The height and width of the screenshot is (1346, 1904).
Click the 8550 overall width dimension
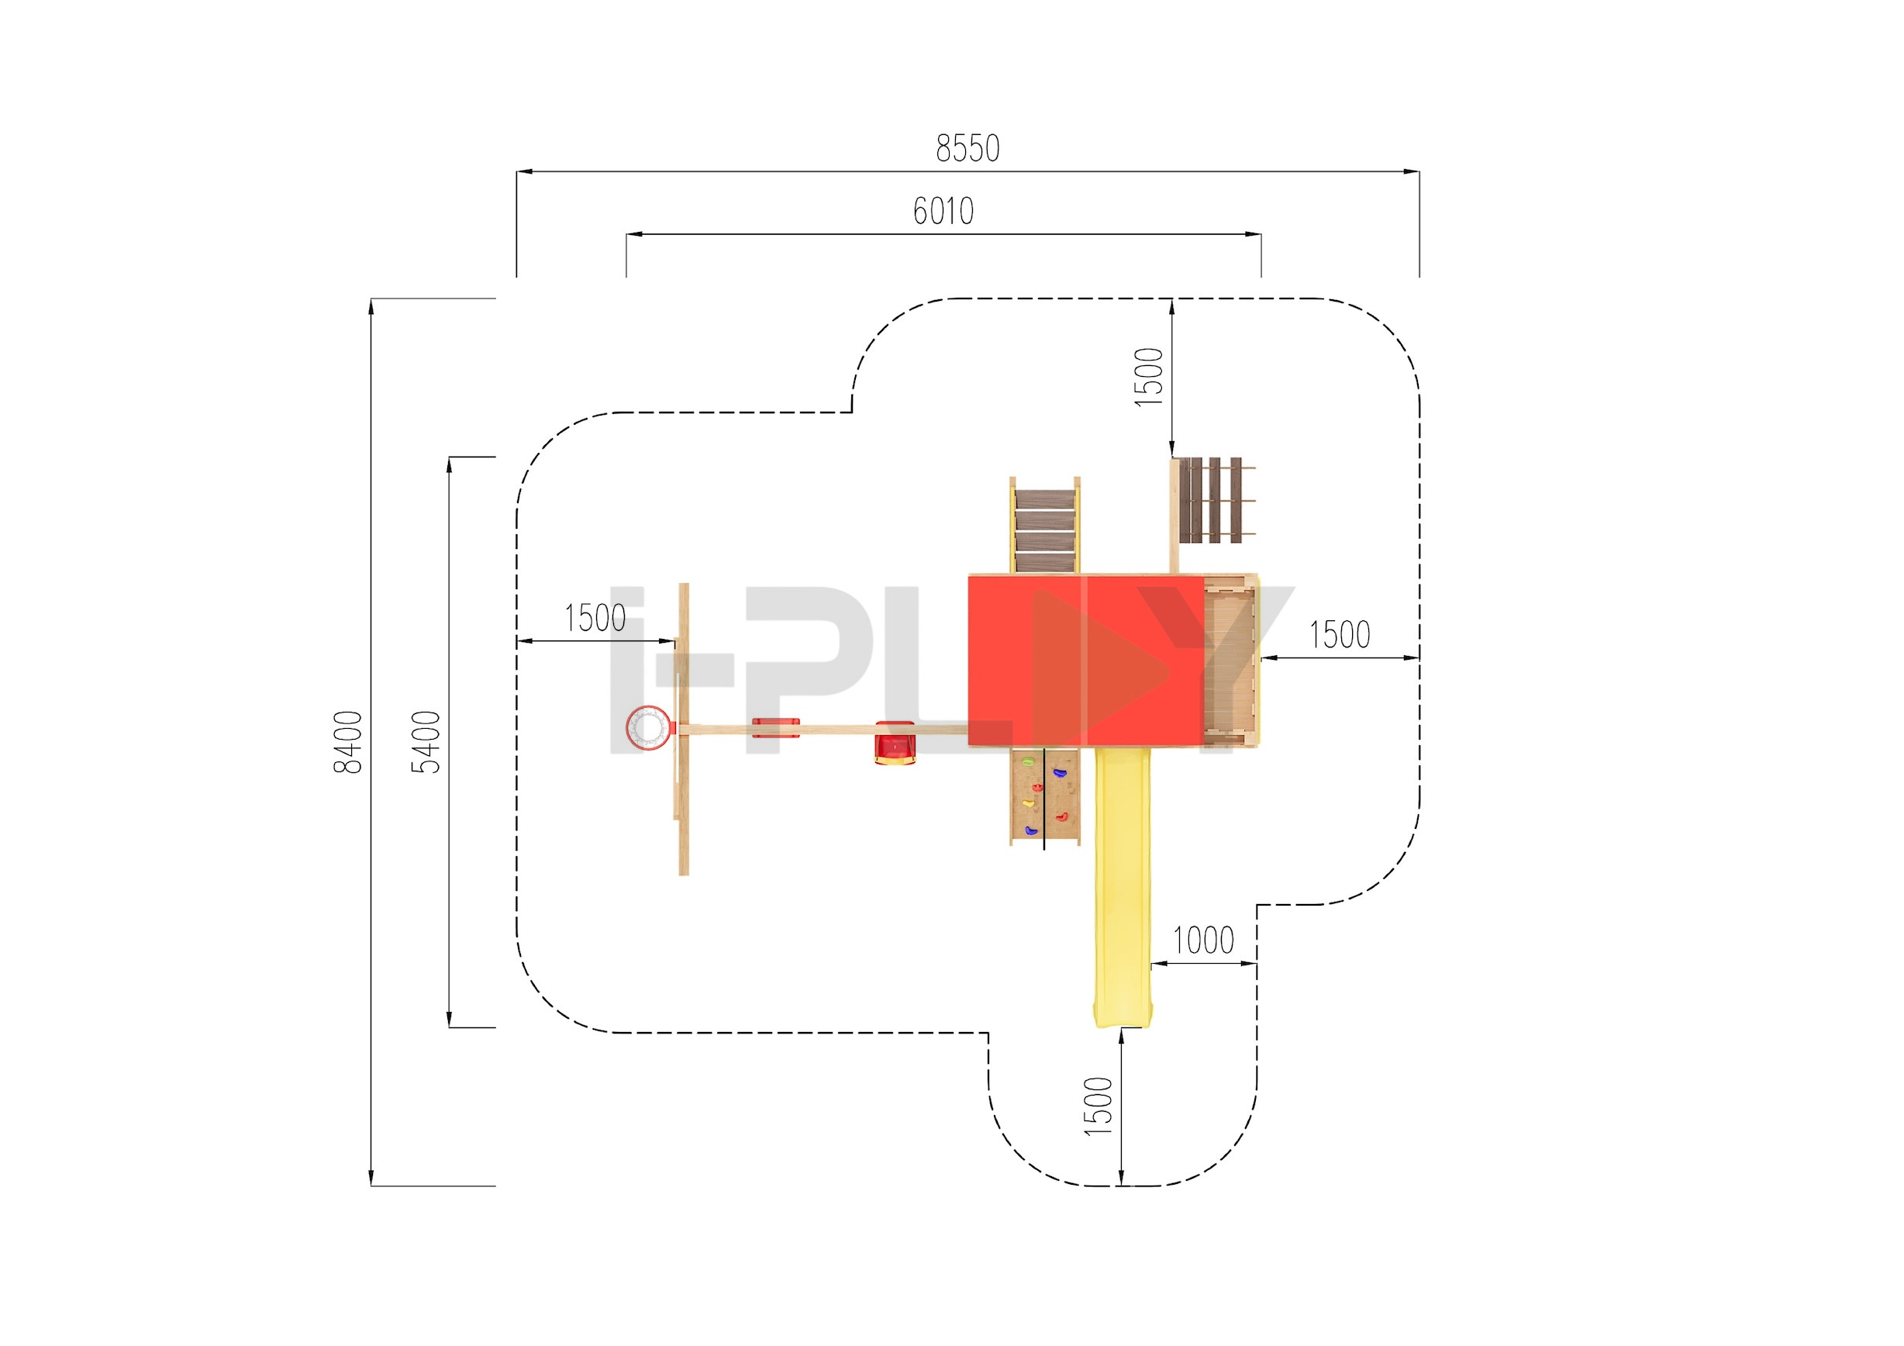click(x=967, y=148)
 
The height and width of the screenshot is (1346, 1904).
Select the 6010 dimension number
click(x=943, y=212)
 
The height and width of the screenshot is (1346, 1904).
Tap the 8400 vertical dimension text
click(x=348, y=742)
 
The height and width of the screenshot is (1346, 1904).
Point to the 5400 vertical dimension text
click(x=426, y=742)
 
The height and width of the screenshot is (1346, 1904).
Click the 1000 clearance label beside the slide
click(x=1202, y=941)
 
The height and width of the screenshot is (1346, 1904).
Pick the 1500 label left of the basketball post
click(x=595, y=619)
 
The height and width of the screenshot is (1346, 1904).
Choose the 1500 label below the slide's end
click(x=1098, y=1106)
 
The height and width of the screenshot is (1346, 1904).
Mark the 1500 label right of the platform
click(x=1340, y=635)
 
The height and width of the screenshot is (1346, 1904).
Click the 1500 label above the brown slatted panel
click(x=1149, y=378)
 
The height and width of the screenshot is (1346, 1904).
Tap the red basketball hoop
click(x=647, y=729)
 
